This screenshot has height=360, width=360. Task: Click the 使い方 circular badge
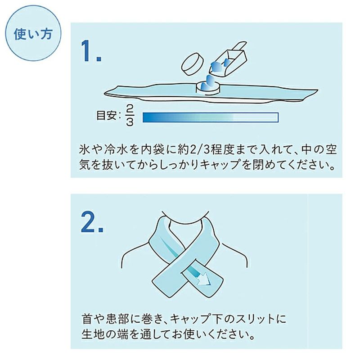[x=31, y=35]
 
